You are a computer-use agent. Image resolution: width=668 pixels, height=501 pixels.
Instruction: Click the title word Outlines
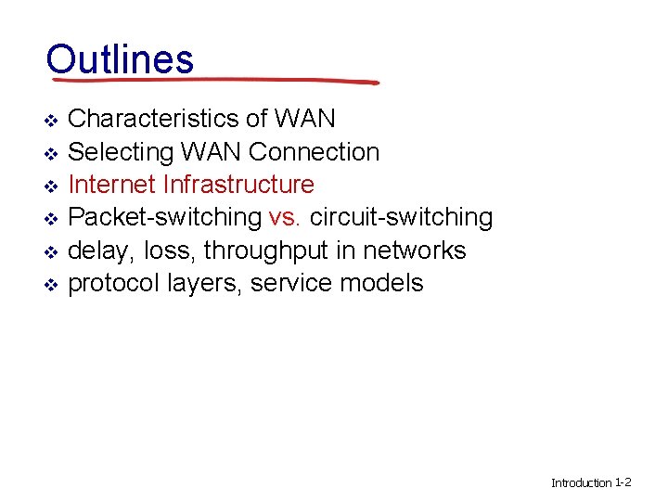(120, 58)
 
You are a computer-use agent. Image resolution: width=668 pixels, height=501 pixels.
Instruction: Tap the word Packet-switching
(165, 217)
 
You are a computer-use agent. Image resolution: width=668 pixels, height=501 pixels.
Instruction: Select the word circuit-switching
(401, 217)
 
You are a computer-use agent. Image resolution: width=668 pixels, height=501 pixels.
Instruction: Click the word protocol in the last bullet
(116, 283)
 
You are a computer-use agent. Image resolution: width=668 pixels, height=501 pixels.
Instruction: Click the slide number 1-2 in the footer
(623, 482)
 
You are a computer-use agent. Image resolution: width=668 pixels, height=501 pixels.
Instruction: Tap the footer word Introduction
(582, 482)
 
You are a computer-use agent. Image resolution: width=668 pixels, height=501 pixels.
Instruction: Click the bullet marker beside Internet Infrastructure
(52, 186)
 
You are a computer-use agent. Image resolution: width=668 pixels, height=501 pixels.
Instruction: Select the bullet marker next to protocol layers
(52, 284)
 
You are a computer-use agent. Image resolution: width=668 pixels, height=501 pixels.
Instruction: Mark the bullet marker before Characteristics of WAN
(52, 120)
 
